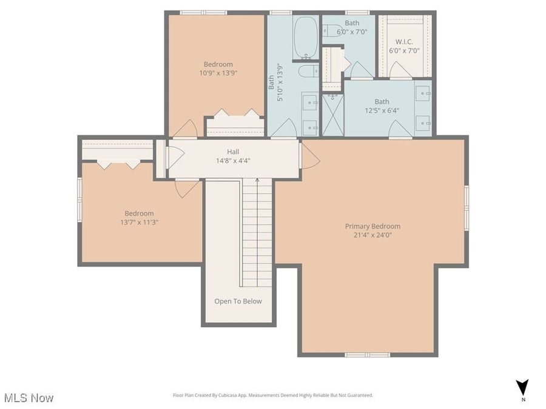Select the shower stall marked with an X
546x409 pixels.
coord(331,115)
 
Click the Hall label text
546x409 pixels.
coord(233,152)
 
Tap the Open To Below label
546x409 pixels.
coord(238,301)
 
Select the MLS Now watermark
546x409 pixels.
coord(29,397)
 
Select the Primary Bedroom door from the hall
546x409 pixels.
coord(309,156)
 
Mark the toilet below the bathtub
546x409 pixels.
coord(308,71)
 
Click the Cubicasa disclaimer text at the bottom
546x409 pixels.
coord(272,396)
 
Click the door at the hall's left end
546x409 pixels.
coord(174,156)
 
